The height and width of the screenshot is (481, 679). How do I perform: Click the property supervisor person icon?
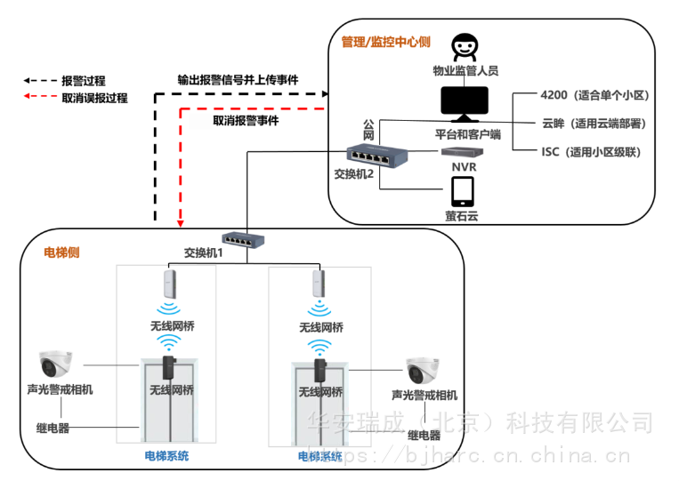(463, 47)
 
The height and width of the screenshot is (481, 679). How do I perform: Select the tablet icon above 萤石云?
(462, 191)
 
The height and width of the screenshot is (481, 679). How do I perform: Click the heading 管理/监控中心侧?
(385, 42)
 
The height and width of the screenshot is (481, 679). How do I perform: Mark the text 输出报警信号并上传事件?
(238, 78)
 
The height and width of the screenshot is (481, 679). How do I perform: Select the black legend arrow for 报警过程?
(37, 81)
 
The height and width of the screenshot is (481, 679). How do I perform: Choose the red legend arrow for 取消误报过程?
(37, 98)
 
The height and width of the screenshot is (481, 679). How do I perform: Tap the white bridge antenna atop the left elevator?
(169, 284)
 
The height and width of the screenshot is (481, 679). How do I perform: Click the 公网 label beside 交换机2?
(368, 131)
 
